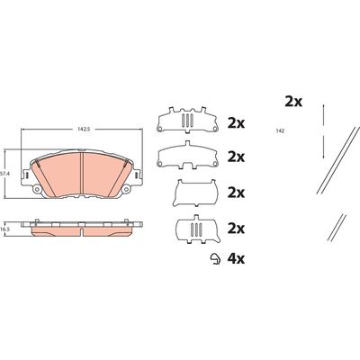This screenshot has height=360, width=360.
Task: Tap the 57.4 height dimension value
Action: click(4, 174)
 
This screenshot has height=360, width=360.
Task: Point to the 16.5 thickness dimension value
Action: click(4, 229)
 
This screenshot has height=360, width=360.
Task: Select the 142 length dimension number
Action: click(280, 130)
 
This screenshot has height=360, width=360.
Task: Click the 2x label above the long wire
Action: click(293, 102)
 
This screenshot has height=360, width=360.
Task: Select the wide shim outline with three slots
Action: click(187, 120)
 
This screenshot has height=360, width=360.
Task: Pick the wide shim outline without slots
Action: click(187, 155)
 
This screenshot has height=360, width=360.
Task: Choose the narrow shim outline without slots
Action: click(195, 193)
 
